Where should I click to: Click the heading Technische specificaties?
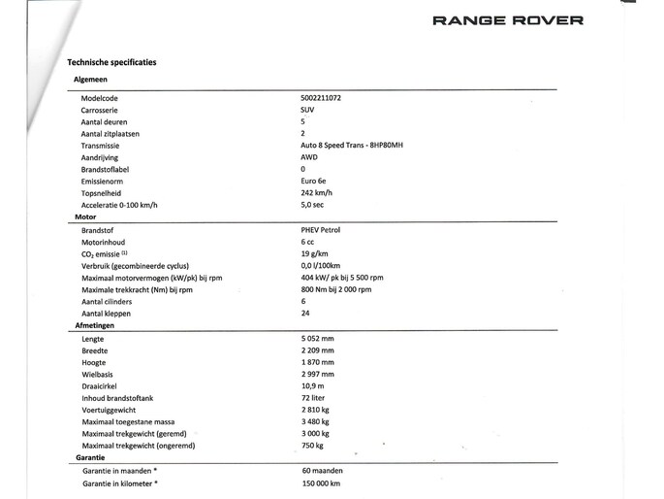[111, 62]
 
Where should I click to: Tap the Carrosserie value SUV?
[307, 111]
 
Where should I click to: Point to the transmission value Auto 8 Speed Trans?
[352, 146]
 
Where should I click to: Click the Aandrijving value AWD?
[309, 157]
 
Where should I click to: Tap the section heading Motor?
[85, 217]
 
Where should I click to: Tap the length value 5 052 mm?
[318, 339]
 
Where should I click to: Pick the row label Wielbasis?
[99, 374]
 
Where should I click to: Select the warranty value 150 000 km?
[321, 482]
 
